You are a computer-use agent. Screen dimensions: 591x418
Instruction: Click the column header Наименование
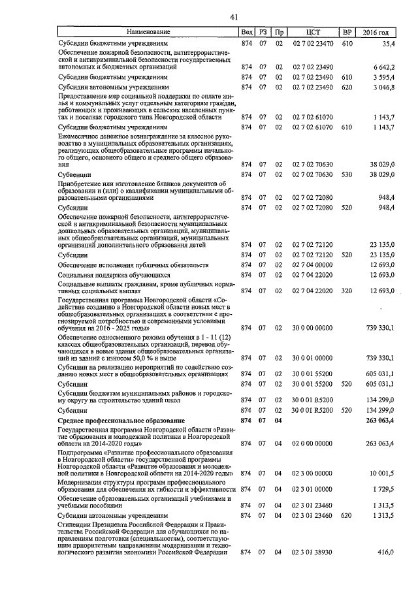click(x=148, y=32)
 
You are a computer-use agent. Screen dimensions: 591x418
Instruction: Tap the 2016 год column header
click(x=380, y=32)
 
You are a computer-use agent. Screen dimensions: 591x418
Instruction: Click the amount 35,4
click(x=389, y=43)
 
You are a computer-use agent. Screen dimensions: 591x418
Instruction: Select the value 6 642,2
click(x=383, y=67)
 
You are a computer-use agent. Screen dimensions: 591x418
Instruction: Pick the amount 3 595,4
click(x=383, y=77)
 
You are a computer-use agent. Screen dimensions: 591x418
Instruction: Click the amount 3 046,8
click(x=383, y=87)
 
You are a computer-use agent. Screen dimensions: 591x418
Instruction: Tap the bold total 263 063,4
click(x=380, y=421)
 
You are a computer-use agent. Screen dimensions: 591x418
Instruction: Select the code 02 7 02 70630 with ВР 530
click(x=311, y=175)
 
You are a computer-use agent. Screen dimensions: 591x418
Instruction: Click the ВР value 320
click(x=347, y=291)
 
